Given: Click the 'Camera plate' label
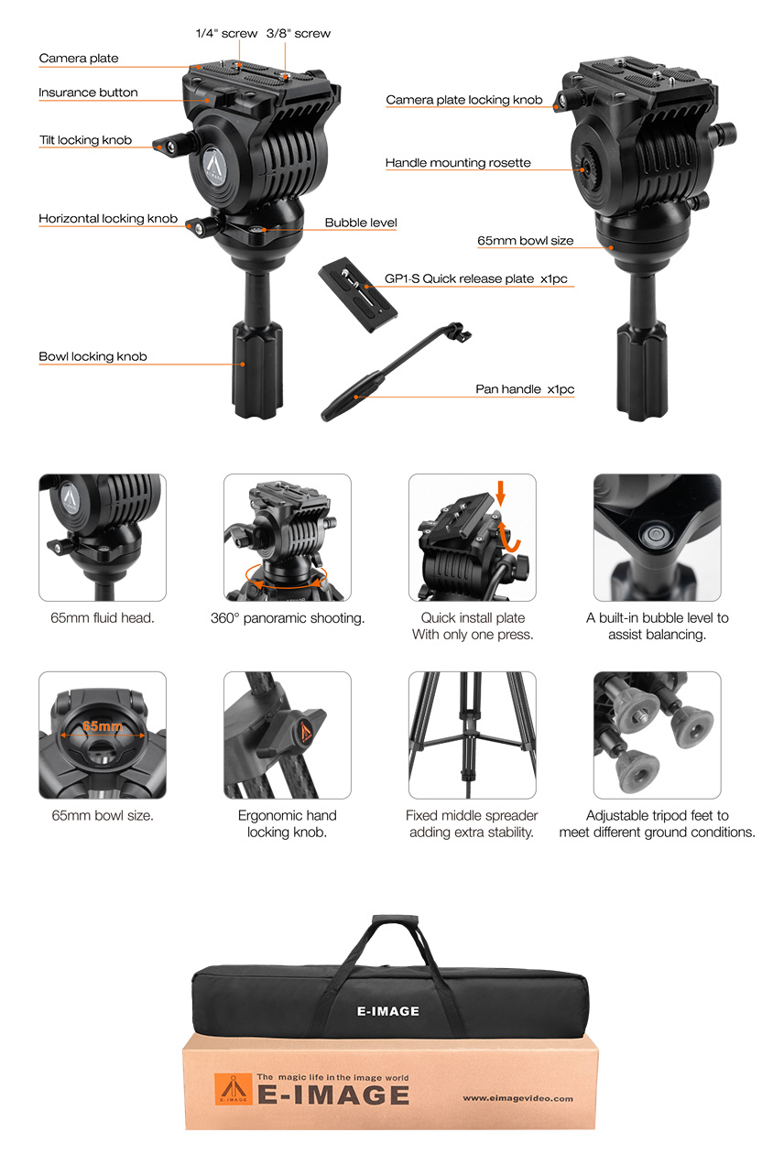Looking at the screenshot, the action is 79,58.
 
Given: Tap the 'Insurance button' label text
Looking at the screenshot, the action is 88,93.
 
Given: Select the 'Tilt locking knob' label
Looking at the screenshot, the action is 85,140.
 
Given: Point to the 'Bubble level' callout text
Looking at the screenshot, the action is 361,223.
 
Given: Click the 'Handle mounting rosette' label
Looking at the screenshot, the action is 458,163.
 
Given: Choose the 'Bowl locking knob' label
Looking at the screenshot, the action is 93,356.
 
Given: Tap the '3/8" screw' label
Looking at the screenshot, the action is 299,34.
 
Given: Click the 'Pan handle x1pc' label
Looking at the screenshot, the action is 525,389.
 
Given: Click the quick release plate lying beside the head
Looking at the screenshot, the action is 358,294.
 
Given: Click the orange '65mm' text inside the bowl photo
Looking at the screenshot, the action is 103,726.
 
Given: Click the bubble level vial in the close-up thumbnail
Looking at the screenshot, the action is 654,535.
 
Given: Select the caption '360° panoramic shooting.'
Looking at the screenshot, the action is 288,618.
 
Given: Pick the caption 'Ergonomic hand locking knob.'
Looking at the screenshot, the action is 288,823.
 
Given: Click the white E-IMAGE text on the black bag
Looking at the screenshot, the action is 388,1011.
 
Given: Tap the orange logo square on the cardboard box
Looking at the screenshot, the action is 234,1089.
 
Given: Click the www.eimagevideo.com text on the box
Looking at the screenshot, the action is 517,1098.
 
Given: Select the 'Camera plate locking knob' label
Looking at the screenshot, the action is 464,100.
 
